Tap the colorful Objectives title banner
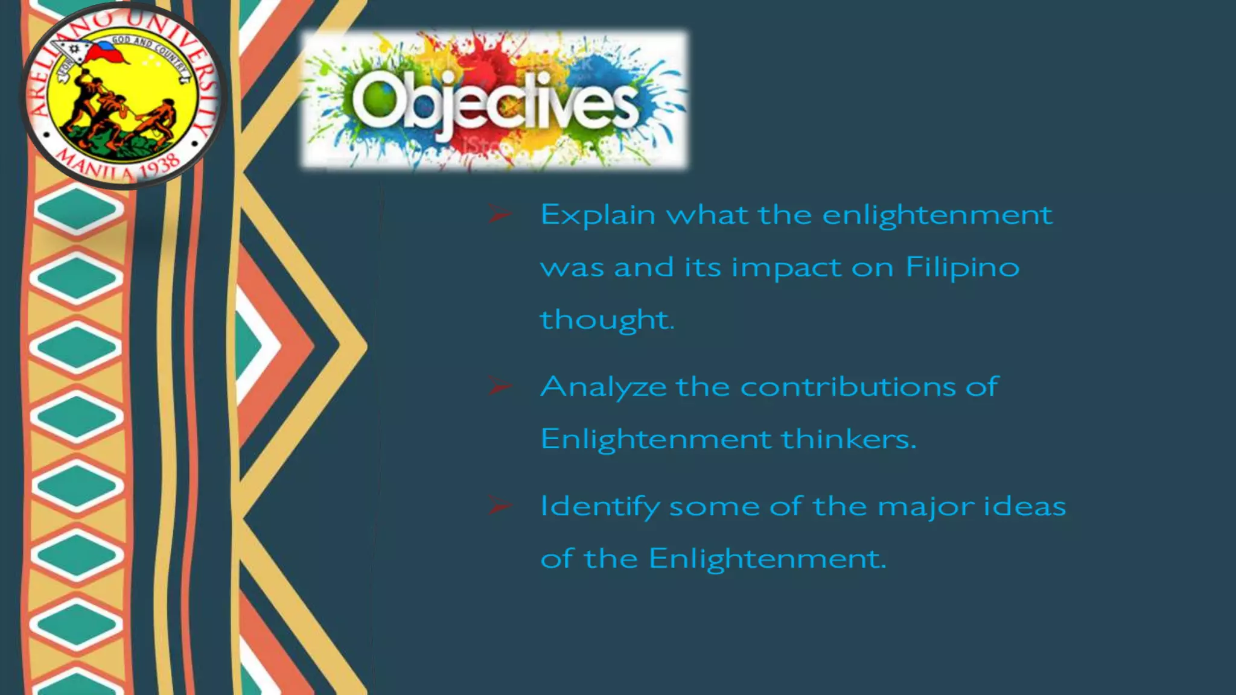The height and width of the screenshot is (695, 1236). [494, 100]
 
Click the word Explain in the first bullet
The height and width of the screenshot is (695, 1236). [597, 215]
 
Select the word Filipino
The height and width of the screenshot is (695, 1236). [963, 267]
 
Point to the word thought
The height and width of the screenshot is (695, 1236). [606, 320]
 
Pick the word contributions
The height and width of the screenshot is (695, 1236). [848, 387]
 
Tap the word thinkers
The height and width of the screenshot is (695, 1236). [849, 439]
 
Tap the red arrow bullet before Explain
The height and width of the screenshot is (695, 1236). [500, 214]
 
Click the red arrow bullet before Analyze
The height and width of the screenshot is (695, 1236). [500, 386]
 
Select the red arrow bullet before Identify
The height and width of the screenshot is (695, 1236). [500, 506]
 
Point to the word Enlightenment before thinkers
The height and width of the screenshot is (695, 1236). [655, 439]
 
